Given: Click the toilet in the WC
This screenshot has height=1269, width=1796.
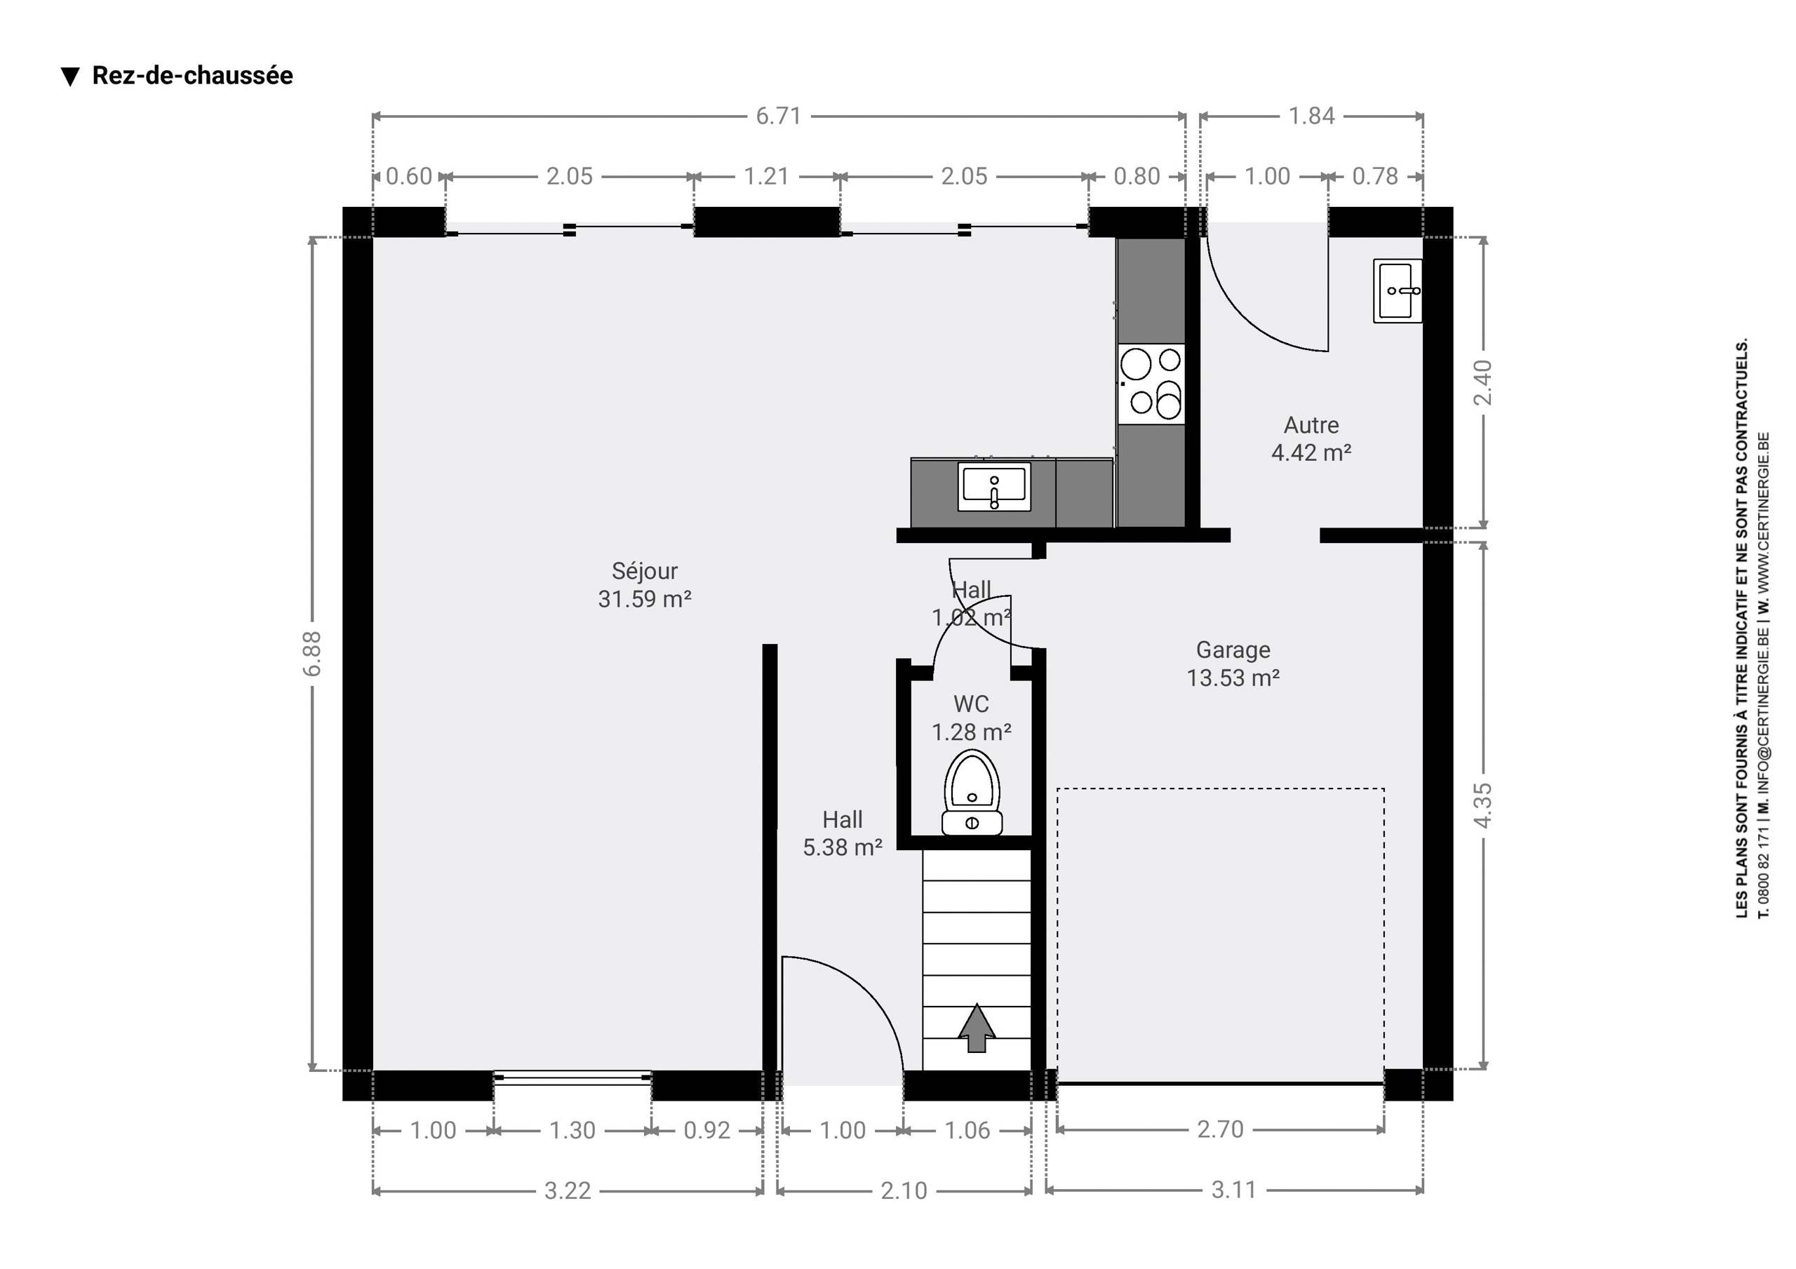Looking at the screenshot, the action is click(972, 792).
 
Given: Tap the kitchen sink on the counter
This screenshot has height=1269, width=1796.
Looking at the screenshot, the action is click(994, 487).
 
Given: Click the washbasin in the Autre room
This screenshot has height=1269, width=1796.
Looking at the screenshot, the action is click(1398, 291).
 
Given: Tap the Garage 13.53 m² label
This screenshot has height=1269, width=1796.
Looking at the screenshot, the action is click(1233, 664).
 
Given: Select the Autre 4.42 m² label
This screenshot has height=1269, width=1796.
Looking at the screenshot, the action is click(1311, 439).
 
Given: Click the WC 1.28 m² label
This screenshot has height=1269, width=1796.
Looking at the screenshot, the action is click(971, 718).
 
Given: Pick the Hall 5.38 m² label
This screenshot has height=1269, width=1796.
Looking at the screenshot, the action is click(843, 833).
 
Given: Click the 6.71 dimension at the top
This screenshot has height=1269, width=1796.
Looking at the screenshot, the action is click(778, 116).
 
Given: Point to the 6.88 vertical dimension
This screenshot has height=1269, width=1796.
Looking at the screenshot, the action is click(311, 653).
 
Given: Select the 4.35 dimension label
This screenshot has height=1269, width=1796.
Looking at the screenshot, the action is click(1482, 805).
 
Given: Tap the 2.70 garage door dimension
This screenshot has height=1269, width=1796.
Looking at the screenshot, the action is click(1220, 1129).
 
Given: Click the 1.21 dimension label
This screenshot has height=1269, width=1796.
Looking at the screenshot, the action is click(766, 176).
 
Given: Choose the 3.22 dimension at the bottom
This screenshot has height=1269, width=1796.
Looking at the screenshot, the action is click(568, 1190).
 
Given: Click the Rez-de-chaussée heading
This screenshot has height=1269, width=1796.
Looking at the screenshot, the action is click(192, 75).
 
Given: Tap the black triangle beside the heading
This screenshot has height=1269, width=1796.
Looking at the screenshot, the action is click(70, 76).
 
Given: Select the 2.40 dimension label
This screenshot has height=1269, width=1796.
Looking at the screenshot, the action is click(1482, 382).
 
